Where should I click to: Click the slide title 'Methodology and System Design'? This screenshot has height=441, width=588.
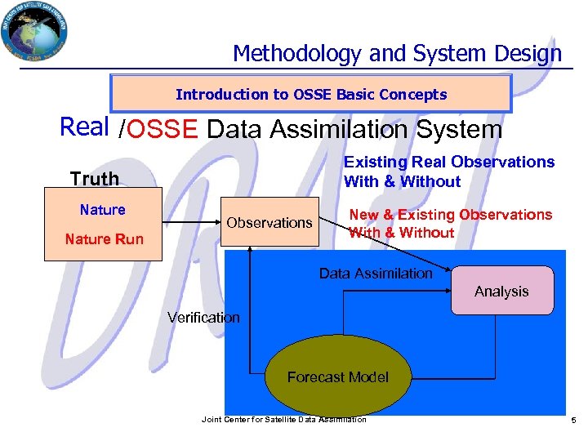397,54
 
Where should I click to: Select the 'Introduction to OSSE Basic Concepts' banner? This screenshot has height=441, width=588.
311,94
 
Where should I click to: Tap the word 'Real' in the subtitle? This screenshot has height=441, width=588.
85,127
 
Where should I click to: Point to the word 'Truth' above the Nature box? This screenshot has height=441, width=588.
94,178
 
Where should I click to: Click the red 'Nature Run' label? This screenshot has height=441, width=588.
104,239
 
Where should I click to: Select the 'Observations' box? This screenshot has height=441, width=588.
269,223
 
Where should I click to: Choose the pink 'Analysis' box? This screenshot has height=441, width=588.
501,292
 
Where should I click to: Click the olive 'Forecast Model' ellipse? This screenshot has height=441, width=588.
337,377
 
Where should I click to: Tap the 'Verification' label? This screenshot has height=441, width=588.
203,318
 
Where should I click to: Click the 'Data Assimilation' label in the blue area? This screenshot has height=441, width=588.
376,274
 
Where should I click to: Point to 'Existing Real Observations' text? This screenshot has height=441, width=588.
448,162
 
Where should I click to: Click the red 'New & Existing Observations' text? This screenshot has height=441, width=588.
450,215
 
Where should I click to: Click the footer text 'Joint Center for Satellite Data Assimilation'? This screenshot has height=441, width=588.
283,419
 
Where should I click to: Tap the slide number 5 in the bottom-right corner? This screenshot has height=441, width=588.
573,420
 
